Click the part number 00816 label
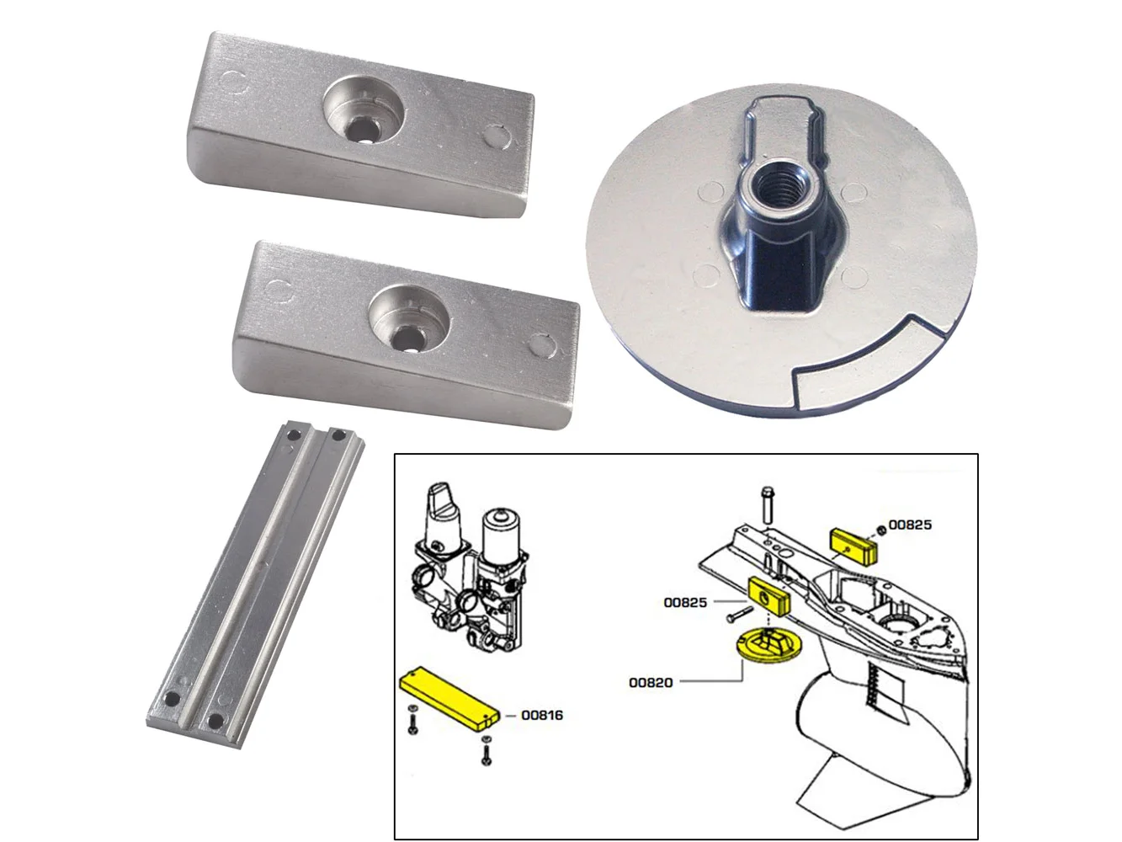542,715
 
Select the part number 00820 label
651,683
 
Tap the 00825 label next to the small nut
911,525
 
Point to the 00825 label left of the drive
685,603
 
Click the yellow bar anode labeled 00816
449,700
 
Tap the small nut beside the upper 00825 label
882,530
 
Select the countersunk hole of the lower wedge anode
409,320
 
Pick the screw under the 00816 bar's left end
413,720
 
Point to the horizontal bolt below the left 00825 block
740,615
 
